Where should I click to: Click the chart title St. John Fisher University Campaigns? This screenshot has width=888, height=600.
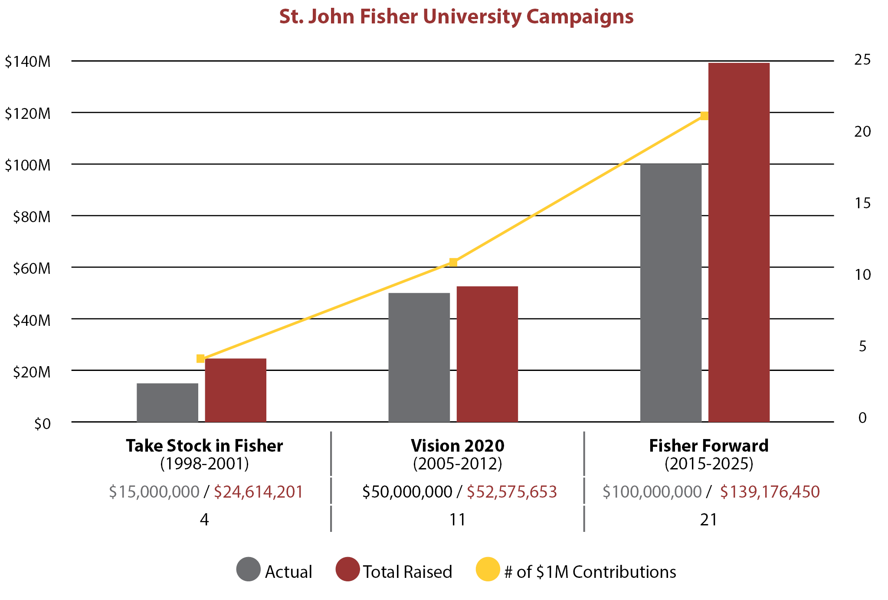[x=456, y=17]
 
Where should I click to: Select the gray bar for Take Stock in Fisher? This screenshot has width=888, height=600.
[x=167, y=403]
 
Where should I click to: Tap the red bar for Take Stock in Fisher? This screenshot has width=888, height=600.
[x=236, y=390]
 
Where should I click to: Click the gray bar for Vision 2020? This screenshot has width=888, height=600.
[x=419, y=357]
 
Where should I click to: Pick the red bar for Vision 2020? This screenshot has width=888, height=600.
[x=487, y=354]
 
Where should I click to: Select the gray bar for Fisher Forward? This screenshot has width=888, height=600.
[x=671, y=293]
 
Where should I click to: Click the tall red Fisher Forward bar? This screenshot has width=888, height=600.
[x=739, y=243]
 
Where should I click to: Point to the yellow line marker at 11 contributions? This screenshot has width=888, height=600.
[x=453, y=262]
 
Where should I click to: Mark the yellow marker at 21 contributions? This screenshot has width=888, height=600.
[x=705, y=116]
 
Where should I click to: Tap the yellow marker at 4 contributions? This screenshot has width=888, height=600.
[x=200, y=358]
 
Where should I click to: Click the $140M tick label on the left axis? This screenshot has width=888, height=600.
[x=28, y=62]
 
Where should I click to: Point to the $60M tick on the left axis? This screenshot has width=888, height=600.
[x=32, y=269]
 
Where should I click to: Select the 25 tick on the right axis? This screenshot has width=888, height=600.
[x=862, y=60]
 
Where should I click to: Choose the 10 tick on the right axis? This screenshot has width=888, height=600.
[x=862, y=275]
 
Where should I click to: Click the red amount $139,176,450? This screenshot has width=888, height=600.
[x=770, y=492]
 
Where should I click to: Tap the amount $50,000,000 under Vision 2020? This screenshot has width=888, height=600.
[x=407, y=492]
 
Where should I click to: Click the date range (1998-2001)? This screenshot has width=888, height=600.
[x=204, y=464]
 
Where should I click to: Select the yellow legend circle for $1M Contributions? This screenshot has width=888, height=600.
[x=488, y=569]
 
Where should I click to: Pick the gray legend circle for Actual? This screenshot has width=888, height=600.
[x=249, y=569]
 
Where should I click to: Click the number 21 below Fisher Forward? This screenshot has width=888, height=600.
[x=708, y=520]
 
